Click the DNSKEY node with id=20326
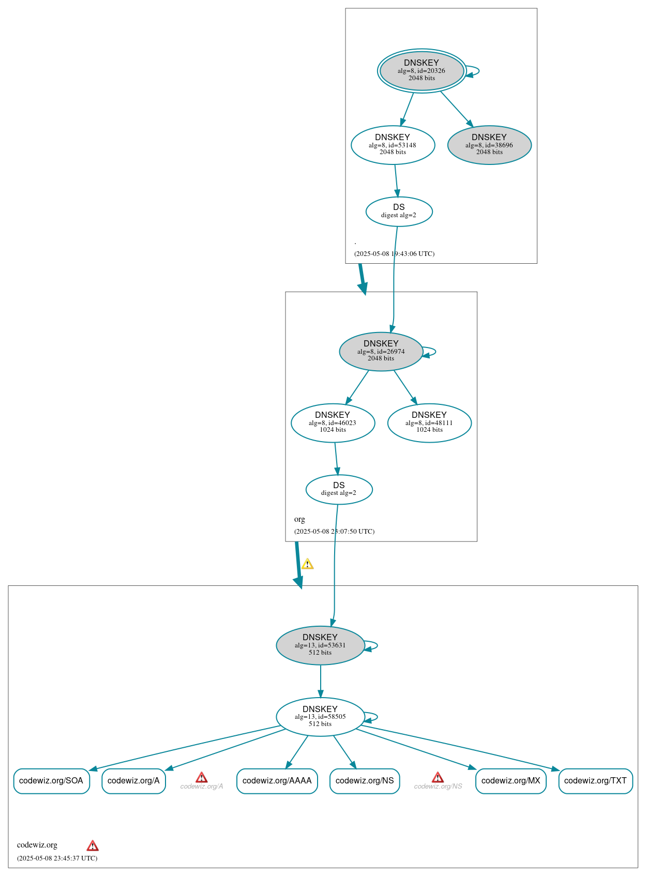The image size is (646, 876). pyautogui.click(x=422, y=71)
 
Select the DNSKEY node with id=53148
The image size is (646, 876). pyautogui.click(x=393, y=145)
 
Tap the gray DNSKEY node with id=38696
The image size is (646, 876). pyautogui.click(x=489, y=145)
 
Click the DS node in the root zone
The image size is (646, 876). pyautogui.click(x=399, y=211)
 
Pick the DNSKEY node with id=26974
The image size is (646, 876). pyautogui.click(x=381, y=351)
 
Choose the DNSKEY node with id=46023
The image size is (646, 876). pyautogui.click(x=333, y=422)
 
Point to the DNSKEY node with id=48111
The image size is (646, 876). pyautogui.click(x=429, y=422)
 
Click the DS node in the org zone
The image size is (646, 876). pyautogui.click(x=339, y=489)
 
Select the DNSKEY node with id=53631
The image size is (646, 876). pyautogui.click(x=320, y=645)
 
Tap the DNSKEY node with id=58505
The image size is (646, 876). pyautogui.click(x=320, y=716)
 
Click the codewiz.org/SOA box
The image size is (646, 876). pyautogui.click(x=51, y=780)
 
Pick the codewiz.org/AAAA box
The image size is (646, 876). pyautogui.click(x=277, y=780)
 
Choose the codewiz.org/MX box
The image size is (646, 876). pyautogui.click(x=510, y=780)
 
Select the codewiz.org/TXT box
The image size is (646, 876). pyautogui.click(x=595, y=780)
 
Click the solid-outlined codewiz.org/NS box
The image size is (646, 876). pyautogui.click(x=365, y=780)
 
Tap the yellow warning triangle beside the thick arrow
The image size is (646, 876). pyautogui.click(x=307, y=564)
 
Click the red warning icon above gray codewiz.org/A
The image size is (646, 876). pyautogui.click(x=202, y=777)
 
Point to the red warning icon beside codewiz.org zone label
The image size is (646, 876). pyautogui.click(x=93, y=845)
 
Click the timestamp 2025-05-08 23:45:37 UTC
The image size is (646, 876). pyautogui.click(x=57, y=858)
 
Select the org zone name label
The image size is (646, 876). pyautogui.click(x=299, y=519)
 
